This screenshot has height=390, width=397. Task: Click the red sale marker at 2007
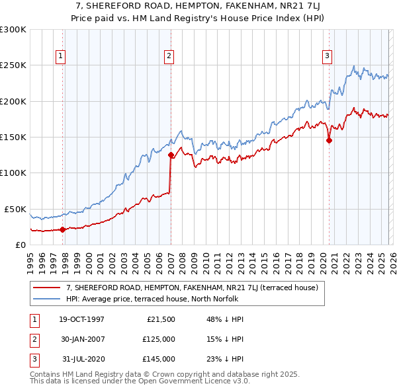pos(171,155)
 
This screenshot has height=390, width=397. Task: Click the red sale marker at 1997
pos(63,229)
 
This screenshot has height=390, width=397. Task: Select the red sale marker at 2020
pos(329,140)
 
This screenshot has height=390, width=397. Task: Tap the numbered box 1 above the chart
pos(60,57)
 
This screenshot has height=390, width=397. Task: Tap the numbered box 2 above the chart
pos(169,57)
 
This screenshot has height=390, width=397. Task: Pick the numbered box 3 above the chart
pos(327,57)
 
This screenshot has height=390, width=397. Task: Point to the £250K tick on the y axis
pos(13,65)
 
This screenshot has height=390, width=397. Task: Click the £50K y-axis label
pos(16,209)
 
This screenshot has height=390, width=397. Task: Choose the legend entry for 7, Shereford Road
pos(192,288)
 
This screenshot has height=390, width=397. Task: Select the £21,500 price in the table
pos(161,319)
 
